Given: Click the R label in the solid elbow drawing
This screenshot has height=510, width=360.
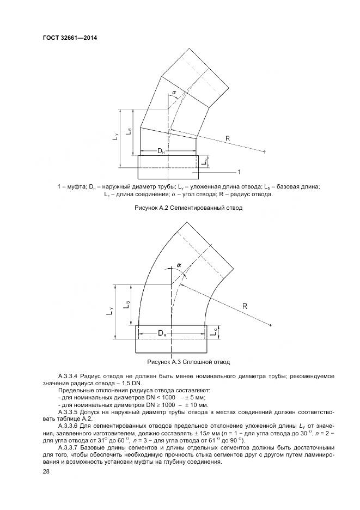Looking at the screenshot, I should coord(245,307).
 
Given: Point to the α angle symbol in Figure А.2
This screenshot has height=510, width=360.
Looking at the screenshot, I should coord(174,93).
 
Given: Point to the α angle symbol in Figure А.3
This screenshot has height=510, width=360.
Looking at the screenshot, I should coord(179,265).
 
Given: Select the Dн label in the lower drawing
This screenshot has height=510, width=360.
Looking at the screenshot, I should coord(163,332).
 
